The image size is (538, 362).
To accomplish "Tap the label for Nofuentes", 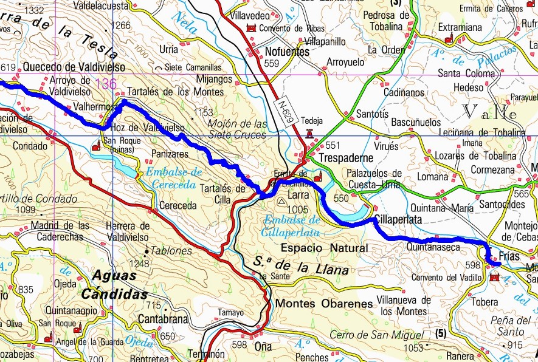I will pyautogui.click(x=288, y=52).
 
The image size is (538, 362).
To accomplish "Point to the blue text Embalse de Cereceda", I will pyautogui.click(x=173, y=179).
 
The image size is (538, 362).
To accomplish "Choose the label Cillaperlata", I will pyautogui.click(x=398, y=220).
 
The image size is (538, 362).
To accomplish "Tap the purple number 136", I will pyautogui.click(x=106, y=84).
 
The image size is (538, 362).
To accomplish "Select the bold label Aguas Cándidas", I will pyautogui.click(x=120, y=285).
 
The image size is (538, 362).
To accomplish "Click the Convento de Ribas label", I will pyautogui.click(x=291, y=29).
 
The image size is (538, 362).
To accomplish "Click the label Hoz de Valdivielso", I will pyautogui.click(x=148, y=128).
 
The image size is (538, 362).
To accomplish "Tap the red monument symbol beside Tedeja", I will pyautogui.click(x=310, y=133).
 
